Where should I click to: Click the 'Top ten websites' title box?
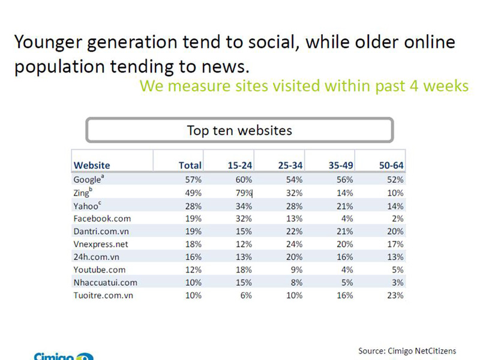pyautogui.click(x=239, y=130)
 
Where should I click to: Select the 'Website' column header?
pyautogui.click(x=92, y=165)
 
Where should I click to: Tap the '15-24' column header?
pyautogui.click(x=239, y=165)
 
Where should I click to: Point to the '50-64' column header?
pyautogui.click(x=391, y=165)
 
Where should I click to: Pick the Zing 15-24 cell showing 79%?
pyautogui.click(x=244, y=193)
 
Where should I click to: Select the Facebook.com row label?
pyautogui.click(x=102, y=218)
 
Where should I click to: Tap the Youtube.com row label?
pyautogui.click(x=100, y=269)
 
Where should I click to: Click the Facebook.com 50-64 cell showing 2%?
pyautogui.click(x=398, y=218)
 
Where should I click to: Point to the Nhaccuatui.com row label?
pyautogui.click(x=105, y=282)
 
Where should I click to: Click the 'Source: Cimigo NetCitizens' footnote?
pyautogui.click(x=407, y=350)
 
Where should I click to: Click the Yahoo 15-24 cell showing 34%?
pyautogui.click(x=244, y=206)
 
